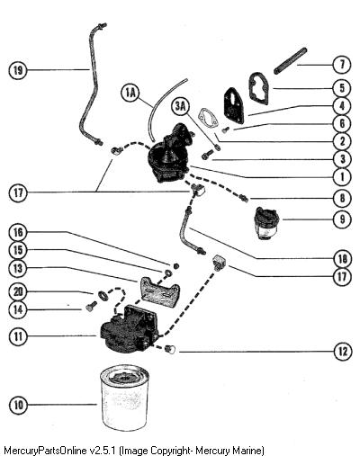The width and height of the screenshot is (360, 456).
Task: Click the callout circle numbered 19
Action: click(x=18, y=71)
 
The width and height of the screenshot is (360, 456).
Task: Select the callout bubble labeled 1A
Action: click(x=130, y=94)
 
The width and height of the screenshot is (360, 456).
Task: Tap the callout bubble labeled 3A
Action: click(x=181, y=106)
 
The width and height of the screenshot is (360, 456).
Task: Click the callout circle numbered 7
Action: click(x=342, y=65)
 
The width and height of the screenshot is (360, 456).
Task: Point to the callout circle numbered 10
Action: click(x=18, y=406)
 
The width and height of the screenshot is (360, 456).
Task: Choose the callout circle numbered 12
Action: click(x=343, y=351)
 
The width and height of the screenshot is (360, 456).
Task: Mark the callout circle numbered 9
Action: click(x=343, y=219)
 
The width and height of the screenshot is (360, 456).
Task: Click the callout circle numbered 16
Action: click(x=18, y=233)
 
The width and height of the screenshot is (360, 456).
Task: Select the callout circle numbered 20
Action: click(x=18, y=291)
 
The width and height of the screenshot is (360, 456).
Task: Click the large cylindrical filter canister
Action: click(x=124, y=398)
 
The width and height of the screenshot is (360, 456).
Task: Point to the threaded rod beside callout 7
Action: click(x=291, y=61)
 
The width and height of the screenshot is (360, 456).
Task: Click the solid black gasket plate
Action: click(x=234, y=105)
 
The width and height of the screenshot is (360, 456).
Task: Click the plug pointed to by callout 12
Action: click(x=171, y=350)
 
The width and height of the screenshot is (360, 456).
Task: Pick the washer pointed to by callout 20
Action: click(x=103, y=295)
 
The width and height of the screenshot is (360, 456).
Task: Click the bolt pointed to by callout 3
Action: click(x=207, y=155)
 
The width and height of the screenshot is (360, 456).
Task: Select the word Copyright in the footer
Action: click(x=171, y=451)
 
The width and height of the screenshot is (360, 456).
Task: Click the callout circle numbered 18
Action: click(x=343, y=258)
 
